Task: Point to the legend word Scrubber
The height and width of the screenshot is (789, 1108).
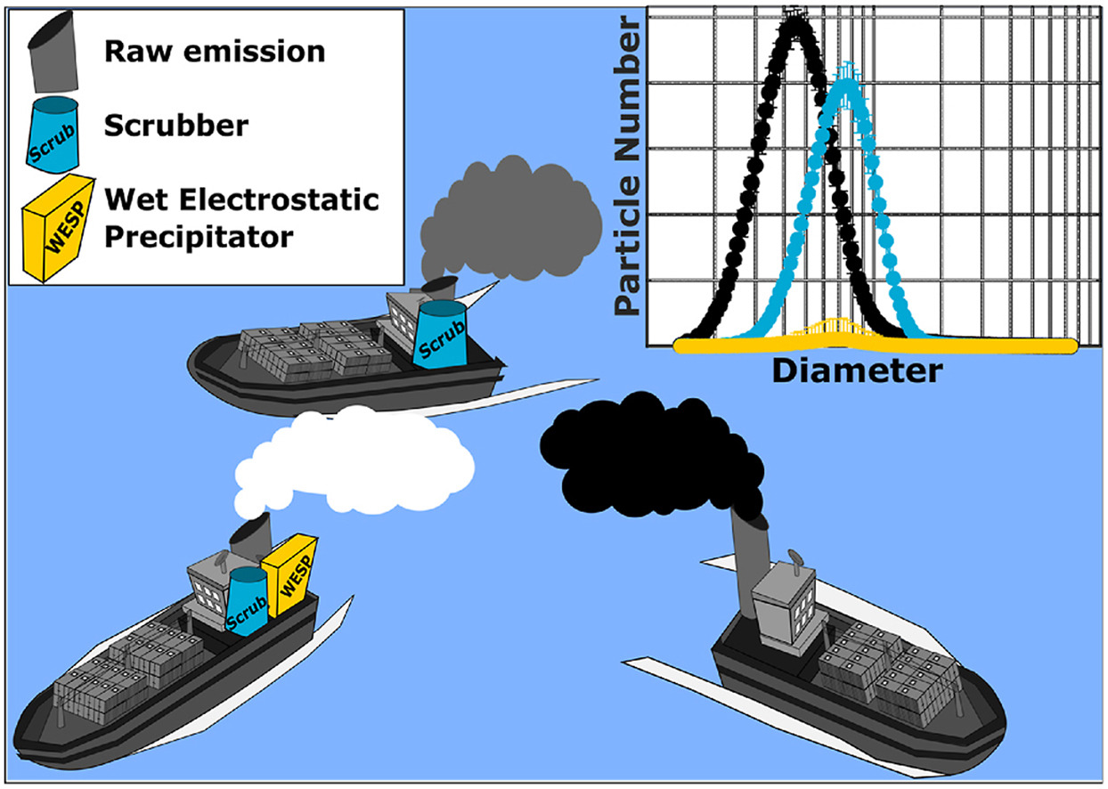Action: click(x=175, y=126)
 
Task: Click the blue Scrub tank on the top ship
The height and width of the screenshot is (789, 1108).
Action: click(x=439, y=332)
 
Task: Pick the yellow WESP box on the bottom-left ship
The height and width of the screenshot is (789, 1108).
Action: click(x=289, y=573)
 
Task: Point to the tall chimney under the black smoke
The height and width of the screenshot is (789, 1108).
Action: click(x=745, y=553)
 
